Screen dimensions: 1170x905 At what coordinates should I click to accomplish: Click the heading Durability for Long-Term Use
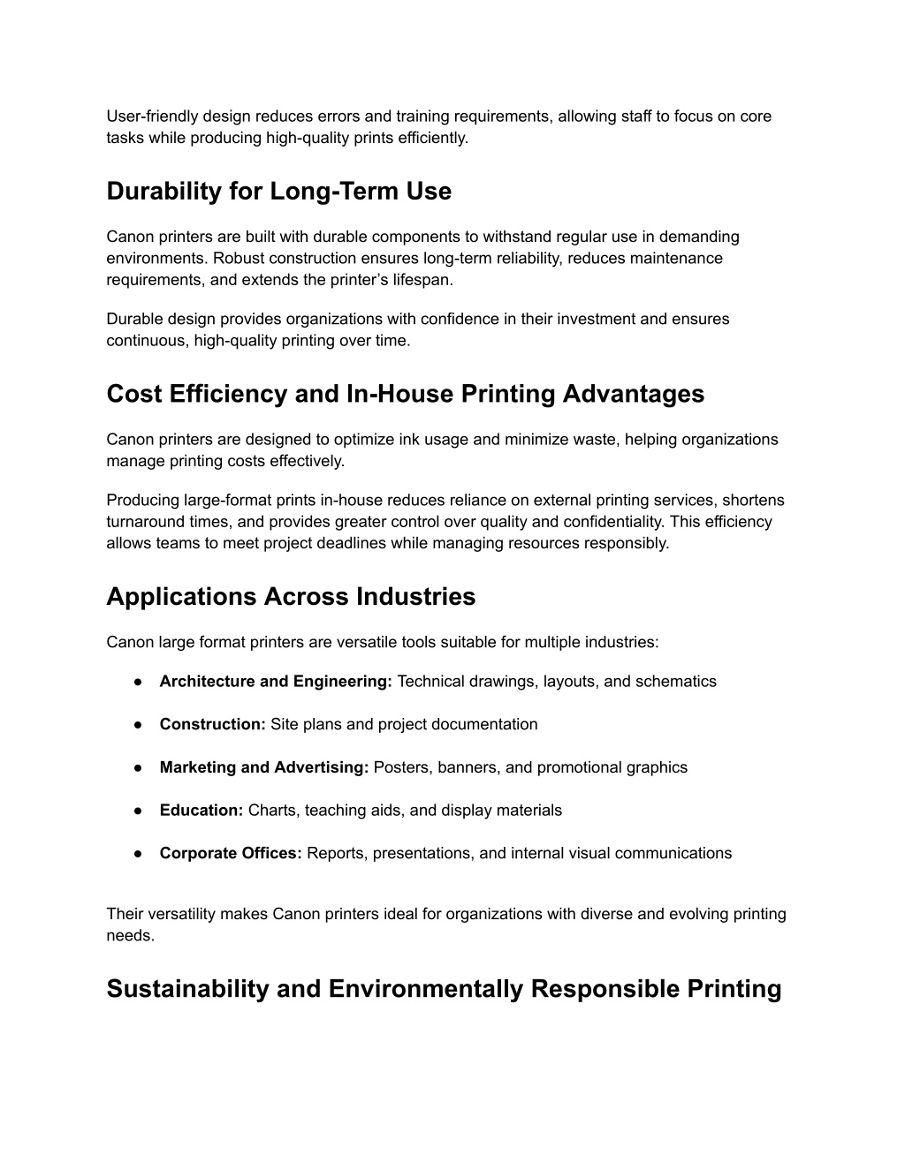[x=278, y=192]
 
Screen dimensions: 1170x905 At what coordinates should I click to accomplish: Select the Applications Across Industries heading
[x=291, y=597]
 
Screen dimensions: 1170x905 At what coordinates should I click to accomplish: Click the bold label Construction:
[x=212, y=725]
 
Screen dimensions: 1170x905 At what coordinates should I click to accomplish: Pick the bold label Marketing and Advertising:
[x=263, y=768]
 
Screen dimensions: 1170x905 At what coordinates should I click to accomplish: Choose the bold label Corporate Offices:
[x=231, y=854]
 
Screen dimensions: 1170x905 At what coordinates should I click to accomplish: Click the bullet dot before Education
[x=139, y=811]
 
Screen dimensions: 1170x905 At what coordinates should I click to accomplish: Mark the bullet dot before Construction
[x=139, y=725]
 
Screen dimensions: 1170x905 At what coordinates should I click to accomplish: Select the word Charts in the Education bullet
[x=272, y=811]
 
